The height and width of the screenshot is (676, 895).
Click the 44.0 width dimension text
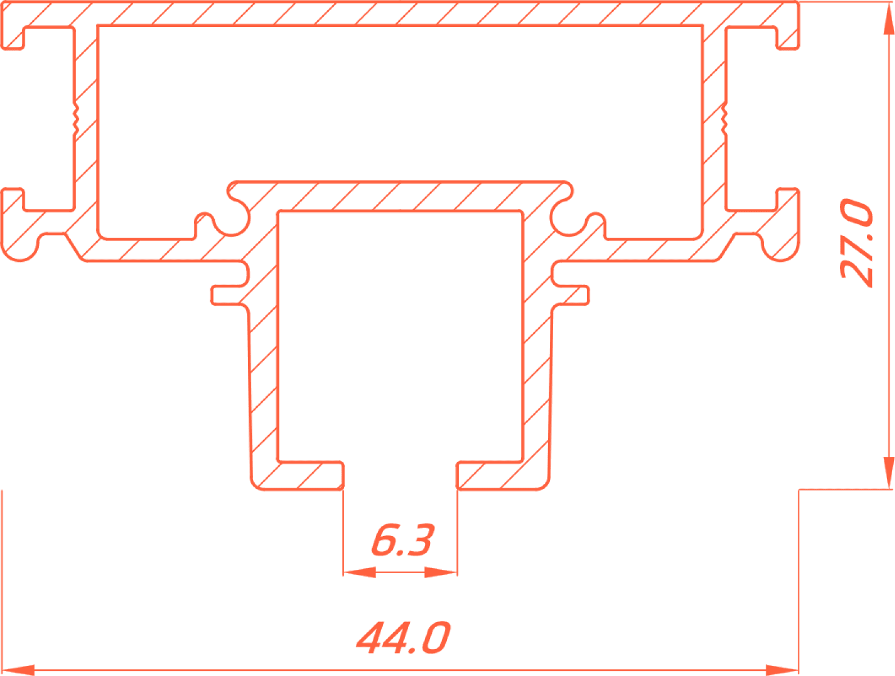pyautogui.click(x=404, y=638)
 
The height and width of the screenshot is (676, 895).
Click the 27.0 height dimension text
pyautogui.click(x=856, y=243)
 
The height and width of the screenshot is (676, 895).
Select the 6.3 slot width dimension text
pyautogui.click(x=403, y=541)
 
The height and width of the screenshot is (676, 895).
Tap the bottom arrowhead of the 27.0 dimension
pyautogui.click(x=889, y=473)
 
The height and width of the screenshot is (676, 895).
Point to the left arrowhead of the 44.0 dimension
pyautogui.click(x=19, y=670)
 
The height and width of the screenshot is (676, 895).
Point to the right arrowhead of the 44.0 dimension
pyautogui.click(x=781, y=670)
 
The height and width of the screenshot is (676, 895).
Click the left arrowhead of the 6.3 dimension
pyautogui.click(x=359, y=572)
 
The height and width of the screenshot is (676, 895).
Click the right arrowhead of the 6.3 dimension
pyautogui.click(x=441, y=572)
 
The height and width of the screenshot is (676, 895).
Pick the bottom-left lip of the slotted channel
pyautogui.click(x=310, y=475)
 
